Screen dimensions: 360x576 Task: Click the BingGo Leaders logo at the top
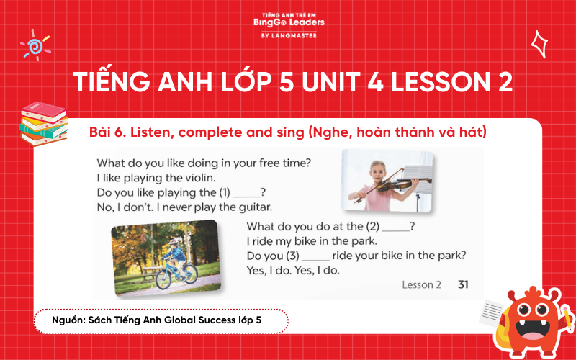pyautogui.click(x=289, y=22)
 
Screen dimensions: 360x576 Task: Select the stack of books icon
pyautogui.click(x=43, y=122)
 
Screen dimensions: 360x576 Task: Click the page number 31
pyautogui.click(x=463, y=284)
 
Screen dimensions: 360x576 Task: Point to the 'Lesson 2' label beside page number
pyautogui.click(x=421, y=284)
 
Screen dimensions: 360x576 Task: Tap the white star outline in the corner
pyautogui.click(x=539, y=43)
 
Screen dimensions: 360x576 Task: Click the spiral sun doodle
pyautogui.click(x=34, y=45)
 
